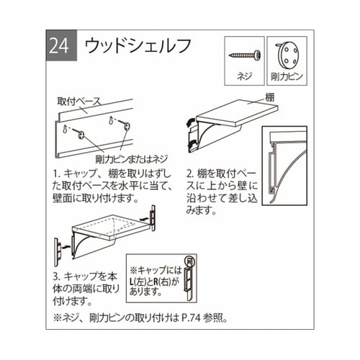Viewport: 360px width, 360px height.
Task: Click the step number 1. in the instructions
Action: [x=57, y=174]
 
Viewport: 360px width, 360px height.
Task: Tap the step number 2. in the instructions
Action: [x=190, y=174]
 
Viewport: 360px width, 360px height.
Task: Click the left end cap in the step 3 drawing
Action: [x=56, y=252]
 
